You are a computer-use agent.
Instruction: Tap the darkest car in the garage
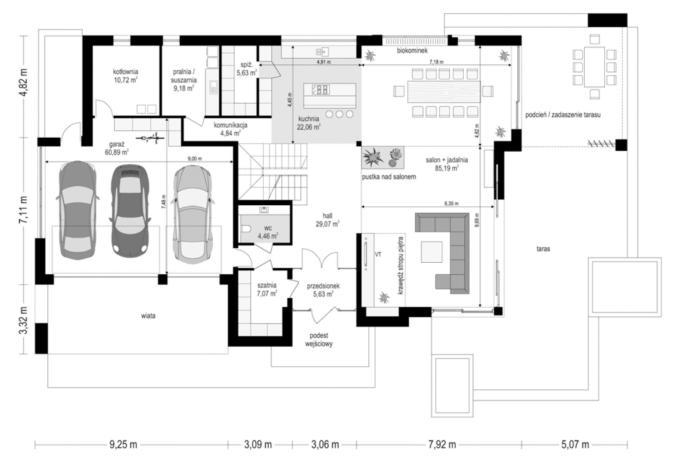point(130,211)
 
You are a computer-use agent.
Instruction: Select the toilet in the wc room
point(246,229)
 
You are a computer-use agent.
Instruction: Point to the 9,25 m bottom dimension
point(123,444)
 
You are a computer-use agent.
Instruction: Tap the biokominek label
point(412,51)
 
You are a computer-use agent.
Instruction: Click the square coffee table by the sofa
point(432,252)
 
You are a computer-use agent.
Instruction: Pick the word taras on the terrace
point(543,249)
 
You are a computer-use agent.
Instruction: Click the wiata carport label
point(148,316)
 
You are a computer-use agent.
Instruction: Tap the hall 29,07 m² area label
point(327,220)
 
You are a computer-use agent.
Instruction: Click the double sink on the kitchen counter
point(322,52)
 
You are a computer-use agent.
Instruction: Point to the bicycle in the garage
point(150,138)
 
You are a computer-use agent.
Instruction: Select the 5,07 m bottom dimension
point(575,444)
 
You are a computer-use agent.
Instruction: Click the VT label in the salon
point(378,255)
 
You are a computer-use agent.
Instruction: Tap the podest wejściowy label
point(319,340)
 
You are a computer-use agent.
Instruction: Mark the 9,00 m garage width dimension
point(195,159)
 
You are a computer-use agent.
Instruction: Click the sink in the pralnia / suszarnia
point(213,87)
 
